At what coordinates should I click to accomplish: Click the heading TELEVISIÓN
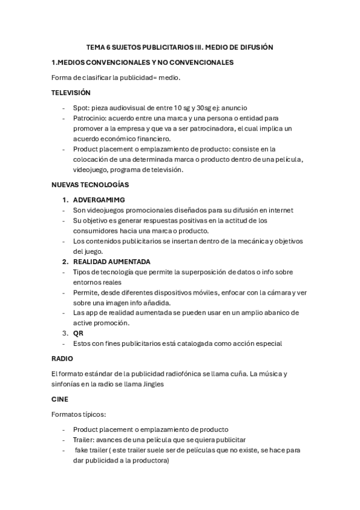pos(70,93)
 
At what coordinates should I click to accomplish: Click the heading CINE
pos(60,399)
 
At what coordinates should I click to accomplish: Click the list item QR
pos(78,333)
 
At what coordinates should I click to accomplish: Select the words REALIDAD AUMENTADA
pos(111,262)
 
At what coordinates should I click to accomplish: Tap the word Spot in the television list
pos(82,108)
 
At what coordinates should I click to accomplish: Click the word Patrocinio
pos(90,118)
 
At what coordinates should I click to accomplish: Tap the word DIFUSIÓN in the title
pos(253,46)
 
